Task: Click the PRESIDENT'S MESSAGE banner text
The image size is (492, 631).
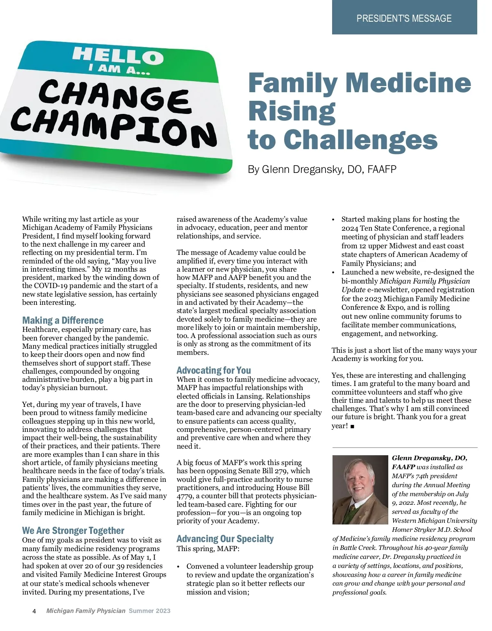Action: click(x=404, y=18)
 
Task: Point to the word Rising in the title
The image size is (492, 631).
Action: click(x=292, y=111)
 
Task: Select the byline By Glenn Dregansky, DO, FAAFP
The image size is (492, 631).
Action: click(x=322, y=169)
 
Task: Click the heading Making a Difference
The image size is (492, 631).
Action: click(x=63, y=320)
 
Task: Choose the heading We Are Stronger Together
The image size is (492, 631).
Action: click(x=73, y=531)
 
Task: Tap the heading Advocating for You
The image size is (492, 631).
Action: click(x=214, y=370)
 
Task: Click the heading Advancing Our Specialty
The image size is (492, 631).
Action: click(x=225, y=539)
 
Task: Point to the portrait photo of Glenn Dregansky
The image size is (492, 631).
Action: click(x=360, y=490)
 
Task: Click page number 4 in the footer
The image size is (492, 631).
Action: click(x=34, y=611)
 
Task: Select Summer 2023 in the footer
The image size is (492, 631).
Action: click(x=149, y=611)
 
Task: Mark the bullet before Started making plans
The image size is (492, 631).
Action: click(x=334, y=220)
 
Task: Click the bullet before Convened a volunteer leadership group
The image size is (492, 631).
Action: click(x=178, y=566)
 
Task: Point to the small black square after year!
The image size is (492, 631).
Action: click(x=353, y=427)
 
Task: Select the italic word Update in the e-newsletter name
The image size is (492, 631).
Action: click(x=353, y=290)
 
